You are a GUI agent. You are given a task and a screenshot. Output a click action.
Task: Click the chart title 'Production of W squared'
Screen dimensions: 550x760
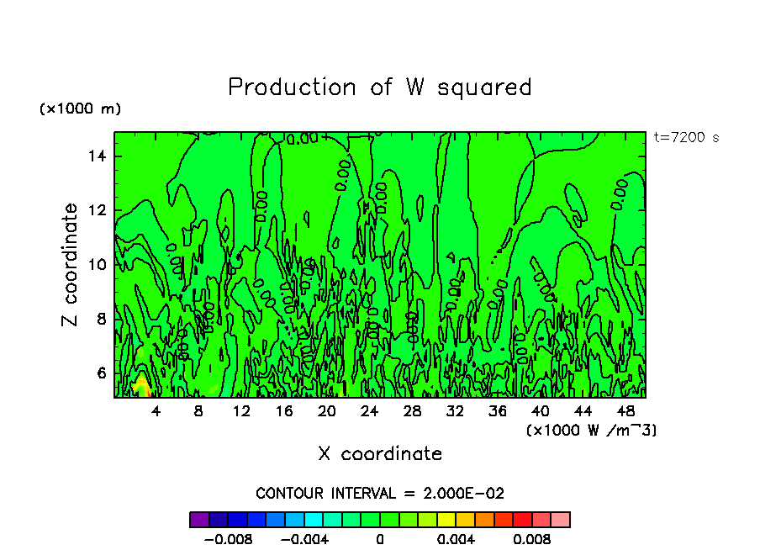380,87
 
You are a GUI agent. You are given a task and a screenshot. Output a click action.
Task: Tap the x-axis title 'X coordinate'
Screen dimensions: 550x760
380,454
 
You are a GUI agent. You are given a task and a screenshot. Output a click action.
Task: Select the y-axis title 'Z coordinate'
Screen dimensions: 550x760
71,265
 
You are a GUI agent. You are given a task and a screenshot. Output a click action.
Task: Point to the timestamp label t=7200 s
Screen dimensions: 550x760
686,138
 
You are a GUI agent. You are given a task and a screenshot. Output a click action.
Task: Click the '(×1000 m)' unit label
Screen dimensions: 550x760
81,109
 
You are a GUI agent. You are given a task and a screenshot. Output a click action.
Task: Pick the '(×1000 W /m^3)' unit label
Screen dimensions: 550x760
591,430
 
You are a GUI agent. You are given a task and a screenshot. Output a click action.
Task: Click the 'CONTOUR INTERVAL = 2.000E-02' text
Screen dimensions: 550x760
380,493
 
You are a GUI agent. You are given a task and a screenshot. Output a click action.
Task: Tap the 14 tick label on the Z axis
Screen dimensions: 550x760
99,156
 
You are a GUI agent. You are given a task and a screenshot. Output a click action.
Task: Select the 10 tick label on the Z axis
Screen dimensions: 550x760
99,264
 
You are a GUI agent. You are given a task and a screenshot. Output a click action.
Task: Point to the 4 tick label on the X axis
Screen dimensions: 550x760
156,411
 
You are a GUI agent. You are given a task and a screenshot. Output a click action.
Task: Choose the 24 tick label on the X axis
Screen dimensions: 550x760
369,411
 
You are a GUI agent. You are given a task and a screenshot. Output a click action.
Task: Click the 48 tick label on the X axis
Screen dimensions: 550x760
625,411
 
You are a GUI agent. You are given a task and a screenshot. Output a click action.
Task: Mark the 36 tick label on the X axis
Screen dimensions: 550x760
498,411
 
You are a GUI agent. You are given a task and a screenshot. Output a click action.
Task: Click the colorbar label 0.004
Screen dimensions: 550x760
457,539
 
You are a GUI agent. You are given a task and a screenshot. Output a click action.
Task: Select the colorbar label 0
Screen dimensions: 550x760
380,539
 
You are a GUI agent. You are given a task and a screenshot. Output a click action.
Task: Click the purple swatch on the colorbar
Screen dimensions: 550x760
199,520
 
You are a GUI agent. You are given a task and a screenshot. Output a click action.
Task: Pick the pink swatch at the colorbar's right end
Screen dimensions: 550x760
561,520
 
